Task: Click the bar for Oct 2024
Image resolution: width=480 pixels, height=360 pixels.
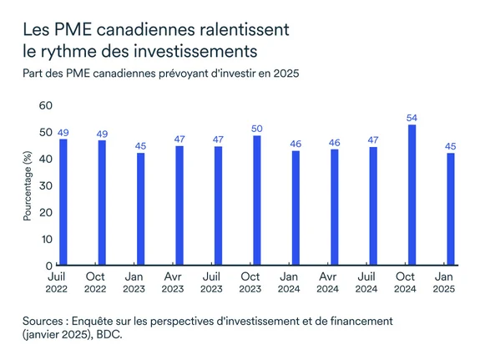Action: coord(412,195)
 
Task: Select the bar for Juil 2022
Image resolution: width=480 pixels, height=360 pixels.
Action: coord(63,202)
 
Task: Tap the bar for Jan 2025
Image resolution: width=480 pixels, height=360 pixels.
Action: coord(452,209)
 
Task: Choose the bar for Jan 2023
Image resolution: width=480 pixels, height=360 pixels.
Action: coord(140,209)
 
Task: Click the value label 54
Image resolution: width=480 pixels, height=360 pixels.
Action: coord(412,118)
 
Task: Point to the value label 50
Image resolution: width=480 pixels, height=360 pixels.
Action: coord(257,128)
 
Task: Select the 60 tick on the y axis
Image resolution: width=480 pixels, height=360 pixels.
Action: coord(46,105)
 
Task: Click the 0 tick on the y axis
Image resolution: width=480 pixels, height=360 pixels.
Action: coord(49,266)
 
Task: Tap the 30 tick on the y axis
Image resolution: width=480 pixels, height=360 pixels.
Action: coord(46,185)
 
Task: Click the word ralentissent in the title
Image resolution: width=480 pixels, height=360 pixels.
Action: coord(239,30)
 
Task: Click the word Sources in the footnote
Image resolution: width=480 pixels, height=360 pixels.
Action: coord(46,321)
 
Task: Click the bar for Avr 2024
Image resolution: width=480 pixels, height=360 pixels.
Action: coord(335,207)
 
